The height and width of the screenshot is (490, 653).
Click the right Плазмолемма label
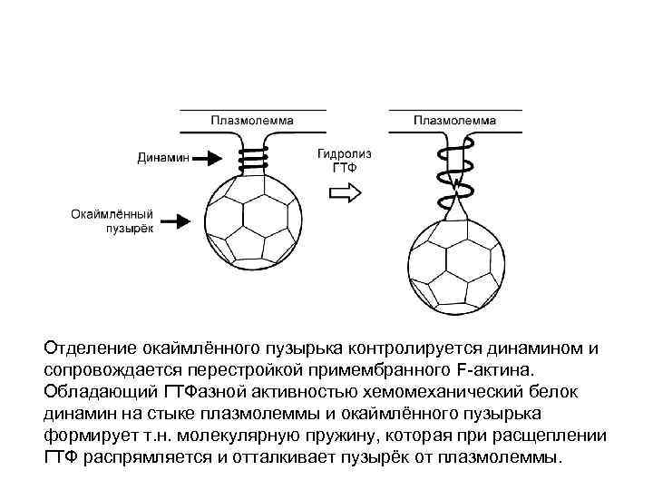[455, 119]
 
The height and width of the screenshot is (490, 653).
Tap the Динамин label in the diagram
[164, 158]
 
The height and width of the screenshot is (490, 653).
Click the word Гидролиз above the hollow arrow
[344, 154]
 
